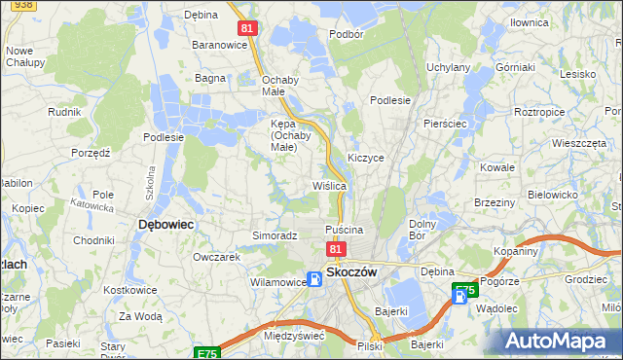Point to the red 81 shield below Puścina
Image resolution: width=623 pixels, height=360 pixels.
336,249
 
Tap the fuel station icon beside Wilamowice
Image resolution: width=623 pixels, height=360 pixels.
314,280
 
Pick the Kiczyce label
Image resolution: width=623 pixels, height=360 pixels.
365,157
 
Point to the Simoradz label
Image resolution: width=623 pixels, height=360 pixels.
275,235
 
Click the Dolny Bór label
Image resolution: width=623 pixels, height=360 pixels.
421,230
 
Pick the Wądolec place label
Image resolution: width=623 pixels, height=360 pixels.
497,306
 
